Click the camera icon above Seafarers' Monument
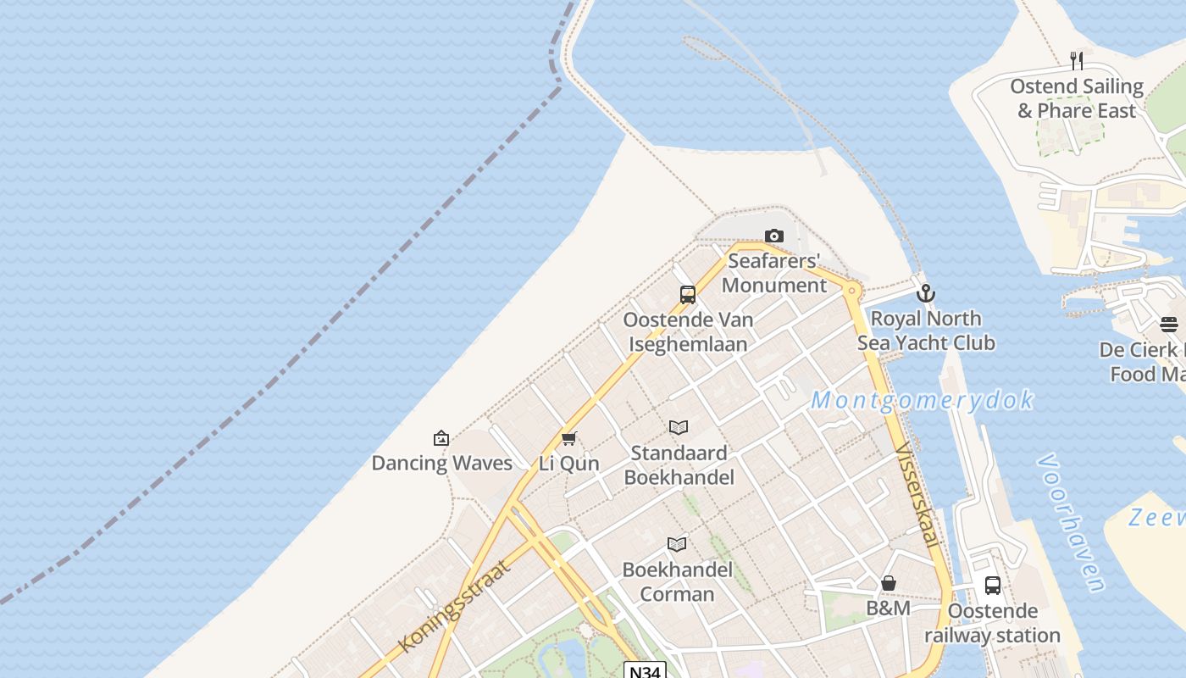click(x=773, y=236)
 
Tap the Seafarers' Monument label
click(x=773, y=273)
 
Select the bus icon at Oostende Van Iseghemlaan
click(x=688, y=295)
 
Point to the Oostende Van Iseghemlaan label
click(x=688, y=332)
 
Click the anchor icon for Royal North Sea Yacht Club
click(x=926, y=293)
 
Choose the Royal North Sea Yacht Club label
click(x=926, y=331)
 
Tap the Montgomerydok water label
click(x=922, y=400)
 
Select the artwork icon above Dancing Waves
click(x=441, y=438)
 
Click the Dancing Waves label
click(x=442, y=463)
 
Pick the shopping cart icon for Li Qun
click(x=568, y=438)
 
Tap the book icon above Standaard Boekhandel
click(x=678, y=427)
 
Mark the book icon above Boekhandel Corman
click(x=676, y=544)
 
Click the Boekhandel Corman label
click(x=677, y=581)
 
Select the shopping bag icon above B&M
click(x=889, y=583)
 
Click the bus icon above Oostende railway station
click(x=992, y=585)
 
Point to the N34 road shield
click(x=645, y=671)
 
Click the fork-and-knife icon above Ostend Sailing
click(x=1076, y=61)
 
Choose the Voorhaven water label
click(x=1071, y=522)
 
